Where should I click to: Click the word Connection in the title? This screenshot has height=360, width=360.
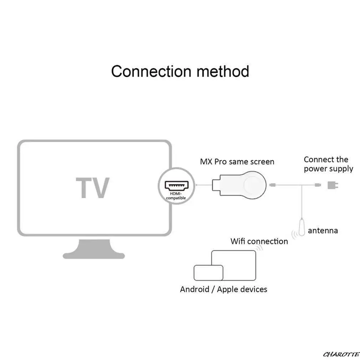(x=151, y=71)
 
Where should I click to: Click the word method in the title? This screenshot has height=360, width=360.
(x=223, y=71)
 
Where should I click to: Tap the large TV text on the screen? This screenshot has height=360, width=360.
(x=93, y=187)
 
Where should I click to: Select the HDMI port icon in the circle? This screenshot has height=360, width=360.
(x=176, y=185)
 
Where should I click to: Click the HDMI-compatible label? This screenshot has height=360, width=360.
(x=176, y=196)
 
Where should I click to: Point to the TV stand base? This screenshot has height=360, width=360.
(x=94, y=250)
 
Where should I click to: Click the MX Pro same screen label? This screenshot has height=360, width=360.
(x=237, y=161)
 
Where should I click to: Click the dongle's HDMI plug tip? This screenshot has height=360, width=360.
(x=216, y=185)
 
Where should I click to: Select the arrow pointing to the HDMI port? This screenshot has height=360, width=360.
(x=204, y=185)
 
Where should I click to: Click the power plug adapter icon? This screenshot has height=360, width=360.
(x=333, y=185)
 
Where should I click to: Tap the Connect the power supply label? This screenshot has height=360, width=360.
(x=328, y=164)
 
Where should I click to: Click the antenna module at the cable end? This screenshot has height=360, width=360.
(x=302, y=227)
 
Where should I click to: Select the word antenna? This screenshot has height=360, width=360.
(x=323, y=231)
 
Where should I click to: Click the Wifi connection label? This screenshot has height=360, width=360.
(x=259, y=241)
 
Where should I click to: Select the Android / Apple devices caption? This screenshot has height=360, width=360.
(x=223, y=289)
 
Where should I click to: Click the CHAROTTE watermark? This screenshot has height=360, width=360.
(x=341, y=355)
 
